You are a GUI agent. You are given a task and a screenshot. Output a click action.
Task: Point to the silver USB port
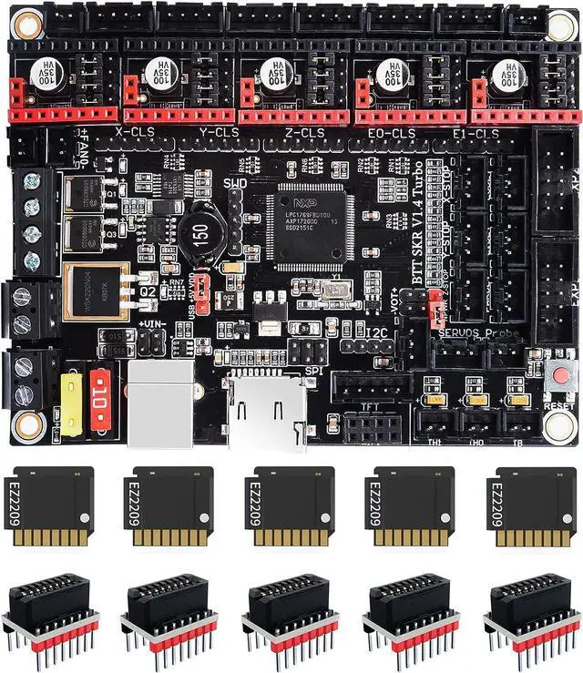[160, 403]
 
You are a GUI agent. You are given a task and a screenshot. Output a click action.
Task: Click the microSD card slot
[267, 408]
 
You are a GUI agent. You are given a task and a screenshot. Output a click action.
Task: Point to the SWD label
[235, 184]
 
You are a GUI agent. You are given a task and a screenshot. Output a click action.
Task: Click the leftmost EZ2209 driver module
[54, 506]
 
